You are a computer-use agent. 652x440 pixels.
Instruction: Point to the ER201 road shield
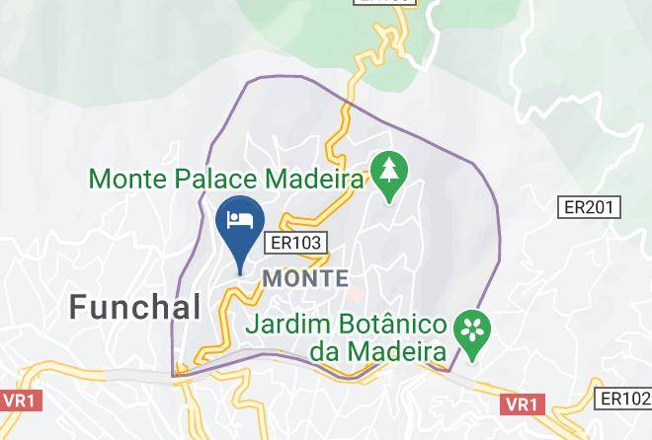588,207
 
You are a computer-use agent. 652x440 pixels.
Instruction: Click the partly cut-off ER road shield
384,2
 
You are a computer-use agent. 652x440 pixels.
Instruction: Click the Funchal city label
134,307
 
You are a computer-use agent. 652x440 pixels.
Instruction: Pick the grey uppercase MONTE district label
305,279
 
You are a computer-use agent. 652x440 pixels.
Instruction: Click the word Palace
237,181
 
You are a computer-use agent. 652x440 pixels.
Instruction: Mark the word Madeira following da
400,351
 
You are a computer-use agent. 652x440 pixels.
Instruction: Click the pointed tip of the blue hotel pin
241,267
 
